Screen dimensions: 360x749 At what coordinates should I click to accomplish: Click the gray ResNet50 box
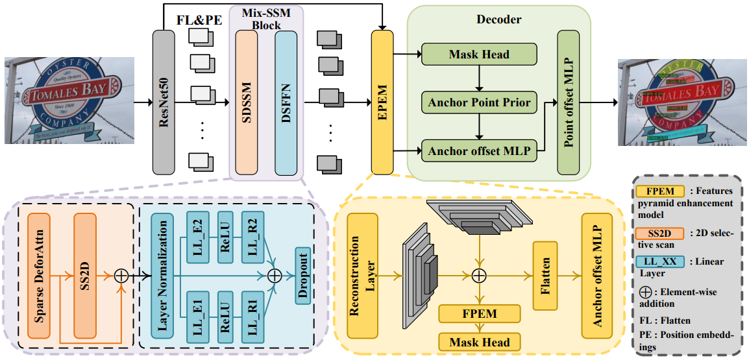click(x=164, y=102)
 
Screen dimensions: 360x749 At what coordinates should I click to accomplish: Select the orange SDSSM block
click(x=247, y=102)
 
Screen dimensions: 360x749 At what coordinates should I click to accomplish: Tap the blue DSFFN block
click(x=286, y=102)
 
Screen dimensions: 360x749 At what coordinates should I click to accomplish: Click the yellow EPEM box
click(x=382, y=102)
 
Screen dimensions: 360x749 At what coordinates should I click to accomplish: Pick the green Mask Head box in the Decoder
click(x=479, y=54)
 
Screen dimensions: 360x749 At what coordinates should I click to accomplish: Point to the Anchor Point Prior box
click(x=479, y=102)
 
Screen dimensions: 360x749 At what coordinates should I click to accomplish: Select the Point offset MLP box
click(x=568, y=102)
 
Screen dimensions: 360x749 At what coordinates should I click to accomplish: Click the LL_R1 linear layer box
click(x=252, y=315)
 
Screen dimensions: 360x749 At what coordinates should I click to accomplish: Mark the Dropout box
click(x=303, y=275)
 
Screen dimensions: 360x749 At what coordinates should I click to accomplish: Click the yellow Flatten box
click(x=545, y=275)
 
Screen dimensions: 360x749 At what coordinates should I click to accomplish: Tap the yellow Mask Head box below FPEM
click(x=478, y=342)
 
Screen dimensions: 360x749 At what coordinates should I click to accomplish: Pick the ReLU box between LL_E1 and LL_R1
click(x=225, y=315)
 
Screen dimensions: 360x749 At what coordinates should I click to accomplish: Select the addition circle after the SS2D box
click(x=121, y=275)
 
